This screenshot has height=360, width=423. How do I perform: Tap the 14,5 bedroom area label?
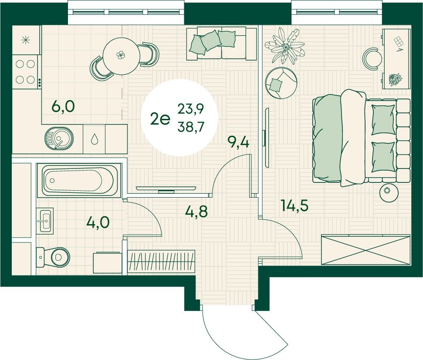(294, 205)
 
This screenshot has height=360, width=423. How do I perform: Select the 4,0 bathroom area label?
(98, 223)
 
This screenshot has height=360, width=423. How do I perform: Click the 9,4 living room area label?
(238, 142)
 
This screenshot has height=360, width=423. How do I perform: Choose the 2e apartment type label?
(160, 119)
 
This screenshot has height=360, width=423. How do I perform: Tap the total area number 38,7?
(191, 126)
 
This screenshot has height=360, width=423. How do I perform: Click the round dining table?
(122, 56)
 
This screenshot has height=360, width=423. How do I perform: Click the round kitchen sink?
(59, 138)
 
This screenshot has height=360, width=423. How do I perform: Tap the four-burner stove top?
(26, 72)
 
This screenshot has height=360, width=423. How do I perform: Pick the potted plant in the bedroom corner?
(284, 46)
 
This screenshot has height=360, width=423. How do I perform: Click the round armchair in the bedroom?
(281, 83)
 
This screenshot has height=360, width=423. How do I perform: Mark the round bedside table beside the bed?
(389, 192)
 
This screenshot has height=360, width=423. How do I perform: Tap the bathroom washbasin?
(45, 221)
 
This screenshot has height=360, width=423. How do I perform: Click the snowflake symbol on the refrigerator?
(26, 40)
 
